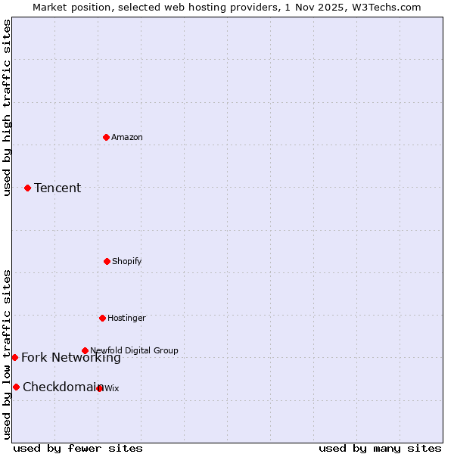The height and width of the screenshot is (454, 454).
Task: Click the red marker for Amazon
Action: click(106, 137)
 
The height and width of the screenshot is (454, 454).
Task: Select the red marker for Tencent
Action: click(27, 188)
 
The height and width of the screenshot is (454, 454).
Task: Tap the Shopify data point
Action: click(107, 261)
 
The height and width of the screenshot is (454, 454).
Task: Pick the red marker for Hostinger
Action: click(102, 318)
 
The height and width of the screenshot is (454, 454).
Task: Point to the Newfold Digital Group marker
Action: click(85, 350)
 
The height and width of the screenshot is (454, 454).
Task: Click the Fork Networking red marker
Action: click(14, 357)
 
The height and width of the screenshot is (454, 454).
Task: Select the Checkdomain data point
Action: click(16, 387)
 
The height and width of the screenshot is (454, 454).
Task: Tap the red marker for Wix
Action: click(100, 388)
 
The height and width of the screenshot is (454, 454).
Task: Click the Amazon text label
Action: click(127, 137)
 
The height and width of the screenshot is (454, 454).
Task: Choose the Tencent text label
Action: click(58, 188)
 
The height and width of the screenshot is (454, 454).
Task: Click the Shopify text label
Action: click(127, 261)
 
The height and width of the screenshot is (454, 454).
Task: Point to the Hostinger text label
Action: click(126, 318)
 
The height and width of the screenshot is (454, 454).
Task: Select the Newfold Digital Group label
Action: click(134, 350)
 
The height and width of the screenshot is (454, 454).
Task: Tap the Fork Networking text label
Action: click(70, 358)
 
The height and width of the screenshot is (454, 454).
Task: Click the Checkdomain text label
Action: click(62, 387)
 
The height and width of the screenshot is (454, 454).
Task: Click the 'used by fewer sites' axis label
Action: click(78, 448)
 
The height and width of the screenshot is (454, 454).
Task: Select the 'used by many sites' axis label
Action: click(380, 448)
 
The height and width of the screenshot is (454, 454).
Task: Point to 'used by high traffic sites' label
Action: click(7, 107)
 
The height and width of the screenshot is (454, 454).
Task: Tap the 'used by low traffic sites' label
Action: click(7, 354)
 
